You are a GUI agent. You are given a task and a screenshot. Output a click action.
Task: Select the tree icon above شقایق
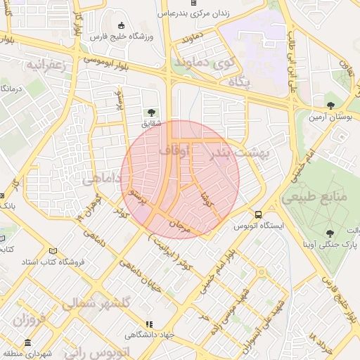coord(150,112)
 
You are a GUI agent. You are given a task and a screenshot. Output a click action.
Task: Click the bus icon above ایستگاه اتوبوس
coord(259,214)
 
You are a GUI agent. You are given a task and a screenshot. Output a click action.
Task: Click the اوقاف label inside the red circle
coord(174,150)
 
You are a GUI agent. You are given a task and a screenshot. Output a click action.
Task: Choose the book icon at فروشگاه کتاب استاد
coord(53,251)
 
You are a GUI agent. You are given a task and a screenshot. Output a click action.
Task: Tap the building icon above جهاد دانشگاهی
coord(148,324)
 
